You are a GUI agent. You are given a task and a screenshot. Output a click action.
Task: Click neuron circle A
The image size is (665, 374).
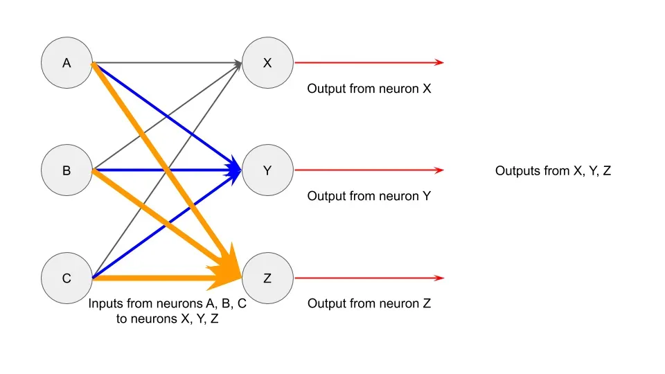pyautogui.click(x=66, y=63)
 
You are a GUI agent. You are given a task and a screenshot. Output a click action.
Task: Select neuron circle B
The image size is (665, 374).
pyautogui.click(x=66, y=170)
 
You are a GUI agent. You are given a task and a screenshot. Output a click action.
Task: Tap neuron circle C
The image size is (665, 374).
pyautogui.click(x=66, y=278)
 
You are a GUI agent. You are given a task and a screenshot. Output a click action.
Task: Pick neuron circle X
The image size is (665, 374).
pyautogui.click(x=268, y=63)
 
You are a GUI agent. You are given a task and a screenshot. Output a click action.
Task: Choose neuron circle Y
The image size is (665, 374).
pyautogui.click(x=268, y=170)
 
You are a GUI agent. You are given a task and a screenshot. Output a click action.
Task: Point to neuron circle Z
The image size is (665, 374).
pyautogui.click(x=268, y=278)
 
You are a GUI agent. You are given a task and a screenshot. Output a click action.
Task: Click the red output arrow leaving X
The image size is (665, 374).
pyautogui.click(x=367, y=63)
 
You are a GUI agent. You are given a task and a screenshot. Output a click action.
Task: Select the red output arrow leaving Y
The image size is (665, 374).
pyautogui.click(x=367, y=170)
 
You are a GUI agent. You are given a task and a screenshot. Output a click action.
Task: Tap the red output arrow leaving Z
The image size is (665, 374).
pyautogui.click(x=367, y=278)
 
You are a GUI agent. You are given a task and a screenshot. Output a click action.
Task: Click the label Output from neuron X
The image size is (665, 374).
pyautogui.click(x=369, y=89)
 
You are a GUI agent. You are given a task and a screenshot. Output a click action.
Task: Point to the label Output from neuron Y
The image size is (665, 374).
pyautogui.click(x=369, y=196)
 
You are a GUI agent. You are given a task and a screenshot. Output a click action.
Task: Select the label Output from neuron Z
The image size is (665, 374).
pyautogui.click(x=369, y=303)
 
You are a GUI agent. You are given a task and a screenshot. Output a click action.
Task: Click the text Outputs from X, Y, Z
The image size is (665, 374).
pyautogui.click(x=553, y=170)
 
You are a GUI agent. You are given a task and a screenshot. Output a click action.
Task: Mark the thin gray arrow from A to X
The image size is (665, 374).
pyautogui.click(x=166, y=63)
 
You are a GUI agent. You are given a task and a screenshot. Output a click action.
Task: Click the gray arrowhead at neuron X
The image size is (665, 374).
pyautogui.click(x=238, y=64)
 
